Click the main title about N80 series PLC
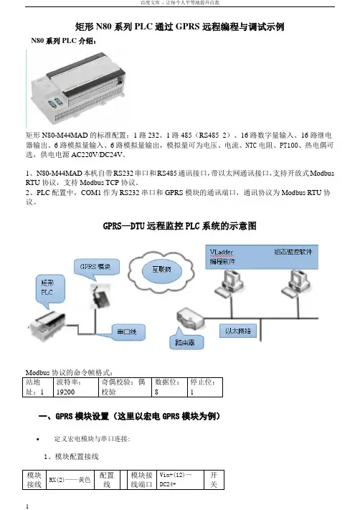[180, 27]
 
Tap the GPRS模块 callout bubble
[96, 269]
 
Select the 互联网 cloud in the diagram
[161, 270]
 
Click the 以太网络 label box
[238, 331]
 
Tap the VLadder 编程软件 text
[222, 257]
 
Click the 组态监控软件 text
[293, 252]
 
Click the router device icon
[190, 318]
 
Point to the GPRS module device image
[100, 297]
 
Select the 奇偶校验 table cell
[125, 387]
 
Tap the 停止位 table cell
[205, 387]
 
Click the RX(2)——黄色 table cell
[70, 480]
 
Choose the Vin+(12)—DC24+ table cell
[180, 480]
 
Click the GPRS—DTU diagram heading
[179, 226]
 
